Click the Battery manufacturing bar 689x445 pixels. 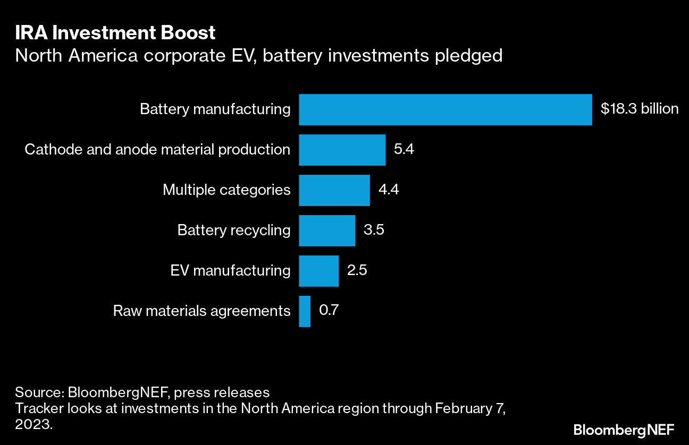[x=445, y=109]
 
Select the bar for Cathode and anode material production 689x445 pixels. [x=342, y=150]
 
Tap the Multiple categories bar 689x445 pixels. [x=334, y=190]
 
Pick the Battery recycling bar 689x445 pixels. [x=326, y=230]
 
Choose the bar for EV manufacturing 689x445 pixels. [x=318, y=271]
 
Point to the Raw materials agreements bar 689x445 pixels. [x=305, y=311]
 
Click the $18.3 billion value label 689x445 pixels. [x=639, y=109]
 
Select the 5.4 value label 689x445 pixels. [x=404, y=150]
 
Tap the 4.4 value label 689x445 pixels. [x=389, y=190]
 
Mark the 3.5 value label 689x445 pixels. [x=374, y=230]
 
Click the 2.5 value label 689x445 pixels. [x=357, y=271]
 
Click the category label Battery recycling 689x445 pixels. [x=234, y=230]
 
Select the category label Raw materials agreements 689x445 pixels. [x=202, y=311]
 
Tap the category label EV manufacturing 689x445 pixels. [x=230, y=271]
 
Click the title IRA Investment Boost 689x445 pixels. [x=115, y=33]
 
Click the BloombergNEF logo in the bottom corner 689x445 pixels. [x=624, y=429]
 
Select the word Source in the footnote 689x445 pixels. [x=38, y=393]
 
